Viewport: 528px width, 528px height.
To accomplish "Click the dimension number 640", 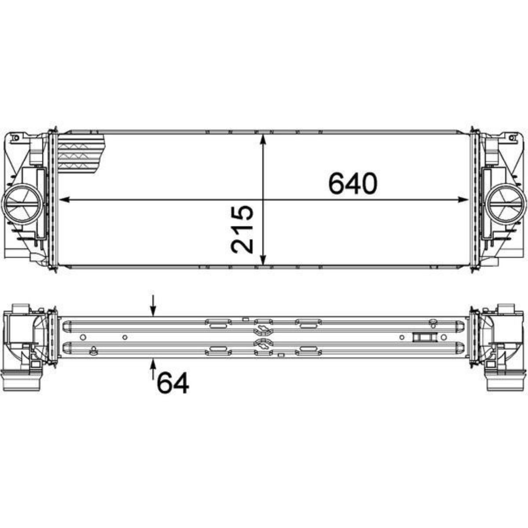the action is [353, 183].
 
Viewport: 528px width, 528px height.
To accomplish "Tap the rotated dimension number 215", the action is [242, 229].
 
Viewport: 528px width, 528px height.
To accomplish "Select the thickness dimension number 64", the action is [173, 383].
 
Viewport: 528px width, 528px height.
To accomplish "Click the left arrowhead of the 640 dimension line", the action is [65, 199].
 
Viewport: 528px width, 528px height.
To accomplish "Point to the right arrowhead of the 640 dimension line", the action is [462, 199].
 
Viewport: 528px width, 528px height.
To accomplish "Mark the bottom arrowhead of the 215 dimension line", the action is [264, 260].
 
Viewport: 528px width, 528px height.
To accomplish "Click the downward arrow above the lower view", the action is [153, 307].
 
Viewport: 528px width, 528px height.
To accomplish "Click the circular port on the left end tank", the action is [22, 205].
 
